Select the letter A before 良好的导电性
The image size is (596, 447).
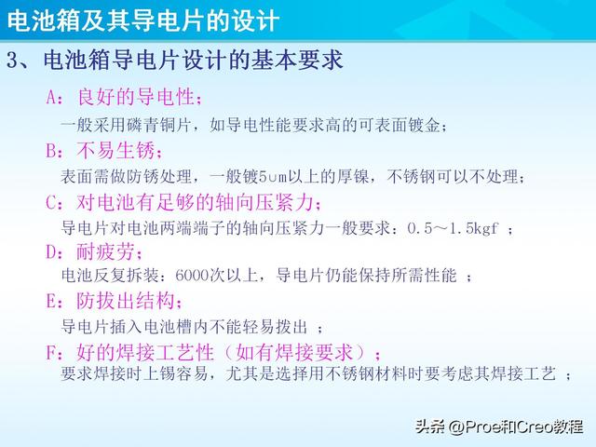tap(52, 98)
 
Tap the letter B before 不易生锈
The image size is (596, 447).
tap(52, 150)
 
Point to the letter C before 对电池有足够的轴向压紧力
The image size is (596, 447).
tap(52, 201)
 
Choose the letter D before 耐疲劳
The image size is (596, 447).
tap(52, 251)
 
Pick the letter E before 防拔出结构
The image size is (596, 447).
tap(52, 302)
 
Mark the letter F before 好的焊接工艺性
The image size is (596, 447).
tap(52, 352)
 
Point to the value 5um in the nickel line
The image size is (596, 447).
tap(271, 176)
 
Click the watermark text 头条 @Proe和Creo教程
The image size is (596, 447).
tap(502, 427)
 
